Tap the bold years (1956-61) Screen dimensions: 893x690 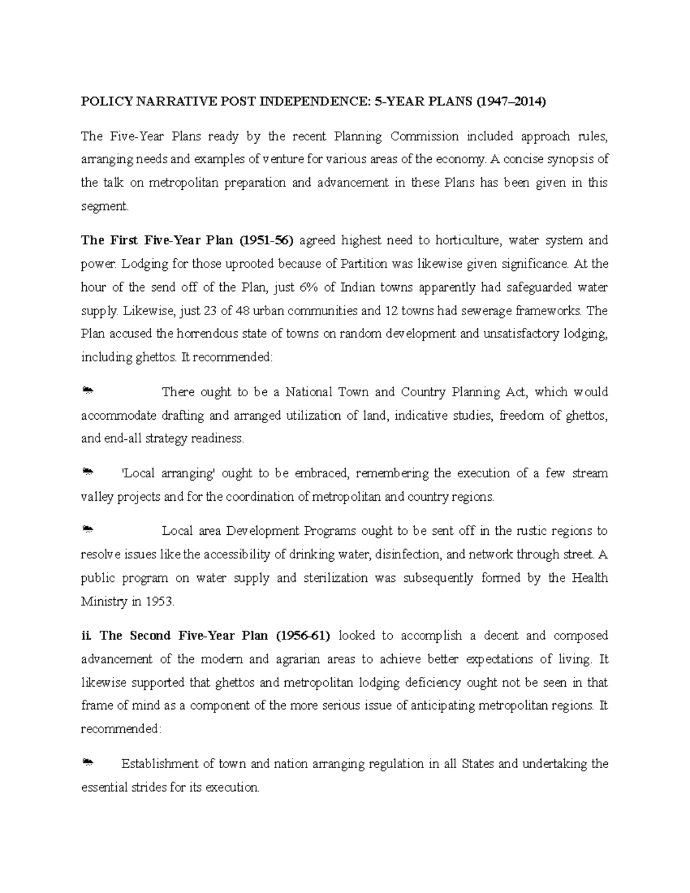(x=302, y=636)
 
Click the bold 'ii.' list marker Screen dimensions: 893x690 (x=86, y=636)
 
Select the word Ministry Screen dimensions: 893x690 (x=104, y=601)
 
